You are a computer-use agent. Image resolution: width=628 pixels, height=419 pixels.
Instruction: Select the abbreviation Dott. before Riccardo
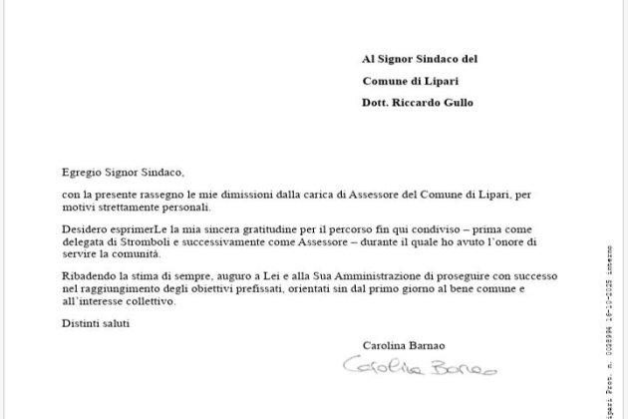coord(378,103)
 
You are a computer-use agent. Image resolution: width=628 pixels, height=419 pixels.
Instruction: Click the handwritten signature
coord(418,368)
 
